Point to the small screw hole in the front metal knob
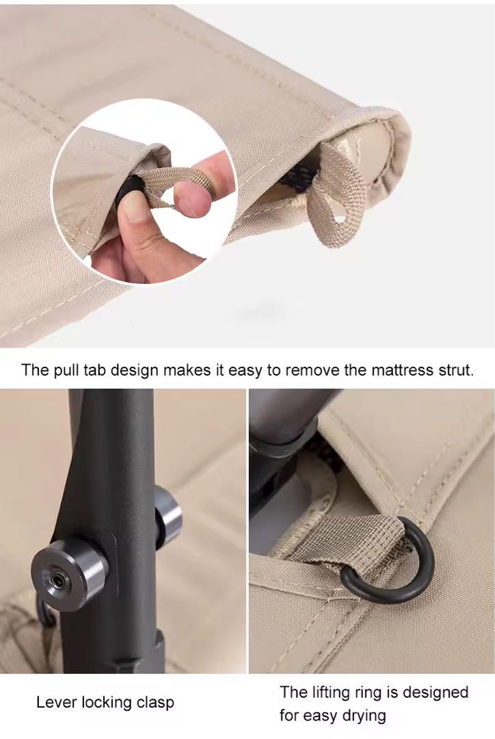click(x=59, y=580)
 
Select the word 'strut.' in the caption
click(x=456, y=370)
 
